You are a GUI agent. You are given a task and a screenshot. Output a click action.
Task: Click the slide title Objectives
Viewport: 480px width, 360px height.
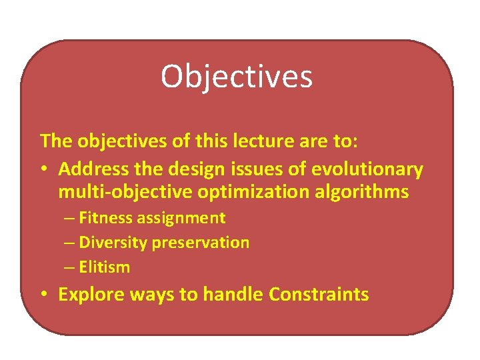pyautogui.click(x=236, y=77)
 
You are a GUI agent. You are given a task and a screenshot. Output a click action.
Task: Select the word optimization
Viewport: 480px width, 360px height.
pyautogui.click(x=235, y=192)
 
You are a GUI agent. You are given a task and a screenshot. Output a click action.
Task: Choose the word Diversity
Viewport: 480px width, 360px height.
pyautogui.click(x=113, y=242)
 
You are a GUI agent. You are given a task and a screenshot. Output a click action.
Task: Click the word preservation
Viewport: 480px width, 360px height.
pyautogui.click(x=201, y=242)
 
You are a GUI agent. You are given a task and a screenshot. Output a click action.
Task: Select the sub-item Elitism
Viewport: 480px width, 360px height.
pyautogui.click(x=105, y=267)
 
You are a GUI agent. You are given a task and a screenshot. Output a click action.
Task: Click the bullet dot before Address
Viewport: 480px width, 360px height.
pyautogui.click(x=44, y=170)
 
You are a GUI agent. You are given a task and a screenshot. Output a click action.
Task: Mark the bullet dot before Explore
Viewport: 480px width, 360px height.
pyautogui.click(x=44, y=295)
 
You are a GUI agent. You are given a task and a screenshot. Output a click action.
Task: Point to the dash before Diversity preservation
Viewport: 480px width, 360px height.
pyautogui.click(x=70, y=243)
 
